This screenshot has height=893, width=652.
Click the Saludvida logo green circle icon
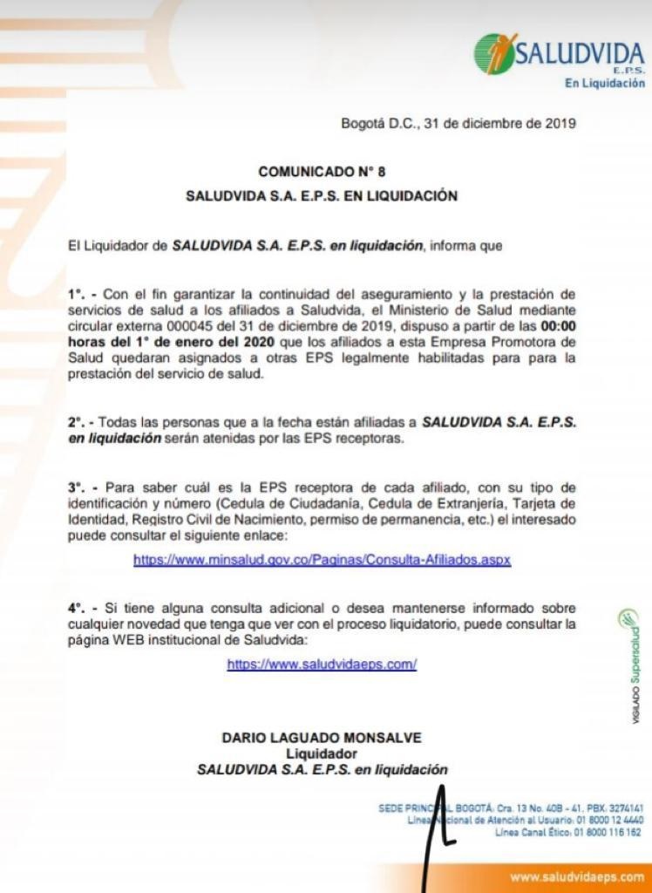pos(494,53)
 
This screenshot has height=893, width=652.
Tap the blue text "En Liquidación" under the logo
pos(605,84)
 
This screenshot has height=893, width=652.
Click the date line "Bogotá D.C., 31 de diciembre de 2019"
pos(458,124)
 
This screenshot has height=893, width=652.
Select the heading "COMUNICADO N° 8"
pos(322,172)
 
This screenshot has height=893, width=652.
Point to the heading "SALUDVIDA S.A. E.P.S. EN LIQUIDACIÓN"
pos(322,196)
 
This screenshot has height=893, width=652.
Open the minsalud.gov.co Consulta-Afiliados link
pos(322,560)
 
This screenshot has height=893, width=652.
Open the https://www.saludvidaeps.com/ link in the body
pos(322,665)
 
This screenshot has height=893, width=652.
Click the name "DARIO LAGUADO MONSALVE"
pos(322,738)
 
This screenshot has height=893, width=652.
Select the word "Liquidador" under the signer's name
pos(322,753)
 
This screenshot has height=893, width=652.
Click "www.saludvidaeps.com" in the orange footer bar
pos(577,877)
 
